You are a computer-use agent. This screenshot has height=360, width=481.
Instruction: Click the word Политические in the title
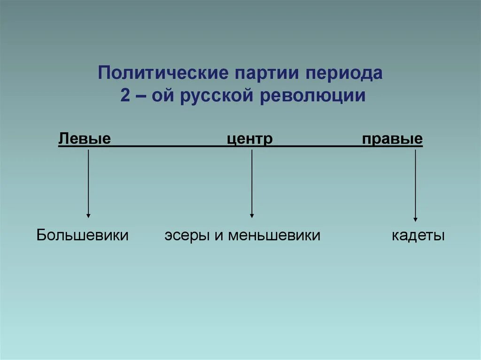point(160,74)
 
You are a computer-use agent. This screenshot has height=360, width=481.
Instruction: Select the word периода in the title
point(344,74)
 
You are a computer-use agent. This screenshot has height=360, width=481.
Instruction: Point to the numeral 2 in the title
point(125,95)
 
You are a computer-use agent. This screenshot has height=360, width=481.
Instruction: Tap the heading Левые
point(85,139)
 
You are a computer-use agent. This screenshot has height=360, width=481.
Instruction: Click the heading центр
point(250,139)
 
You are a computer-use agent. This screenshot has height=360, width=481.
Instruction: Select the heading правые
point(392,139)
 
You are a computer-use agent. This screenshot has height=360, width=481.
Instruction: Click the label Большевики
point(83,235)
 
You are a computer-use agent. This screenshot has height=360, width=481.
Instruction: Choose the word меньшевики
point(274,235)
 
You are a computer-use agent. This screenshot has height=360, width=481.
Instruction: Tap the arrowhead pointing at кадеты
point(415,218)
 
